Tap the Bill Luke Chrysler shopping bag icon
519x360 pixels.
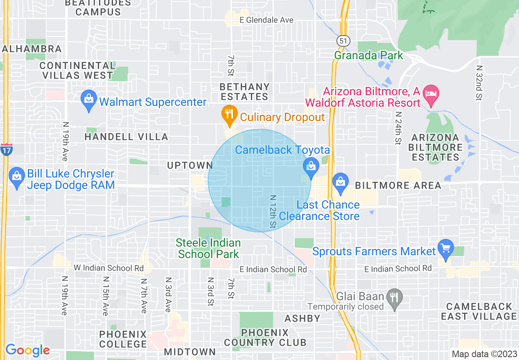point(17,177)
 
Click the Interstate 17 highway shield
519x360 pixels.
point(6,149)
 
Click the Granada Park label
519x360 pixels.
point(369,55)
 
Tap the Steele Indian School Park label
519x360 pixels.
point(208,248)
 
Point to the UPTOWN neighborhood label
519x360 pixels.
point(190,165)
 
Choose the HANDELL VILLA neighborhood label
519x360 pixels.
point(126,137)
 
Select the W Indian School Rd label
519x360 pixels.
point(108,268)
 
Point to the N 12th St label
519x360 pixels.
point(273,211)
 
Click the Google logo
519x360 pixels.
point(27,350)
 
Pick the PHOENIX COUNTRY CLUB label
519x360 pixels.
point(265,337)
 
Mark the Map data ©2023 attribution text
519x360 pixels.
point(483,354)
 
